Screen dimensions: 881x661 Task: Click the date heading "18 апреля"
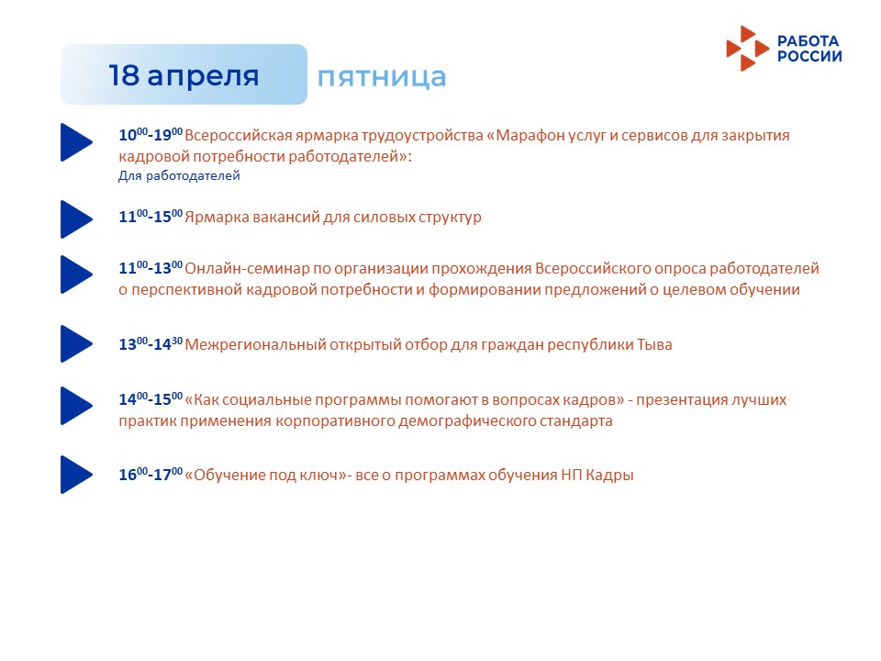(x=184, y=75)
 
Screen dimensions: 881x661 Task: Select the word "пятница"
(x=382, y=77)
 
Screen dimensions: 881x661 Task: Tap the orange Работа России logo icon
(x=747, y=49)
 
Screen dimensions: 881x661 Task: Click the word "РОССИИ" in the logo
(x=809, y=56)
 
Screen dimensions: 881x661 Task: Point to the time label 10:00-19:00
(x=151, y=135)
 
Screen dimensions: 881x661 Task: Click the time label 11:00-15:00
(x=151, y=217)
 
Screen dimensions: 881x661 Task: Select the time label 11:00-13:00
(x=151, y=267)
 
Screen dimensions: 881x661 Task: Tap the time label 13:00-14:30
(x=151, y=344)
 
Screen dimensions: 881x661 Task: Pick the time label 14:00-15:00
(x=151, y=399)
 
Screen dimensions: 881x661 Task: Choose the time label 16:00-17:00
(x=151, y=475)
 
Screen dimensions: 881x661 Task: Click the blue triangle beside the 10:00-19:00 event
(x=76, y=142)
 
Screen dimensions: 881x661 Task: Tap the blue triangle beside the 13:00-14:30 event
(x=76, y=343)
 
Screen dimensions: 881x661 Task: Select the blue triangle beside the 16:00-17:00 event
(x=76, y=475)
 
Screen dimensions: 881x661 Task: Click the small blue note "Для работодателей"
(x=179, y=176)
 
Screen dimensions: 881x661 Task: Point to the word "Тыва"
(x=654, y=344)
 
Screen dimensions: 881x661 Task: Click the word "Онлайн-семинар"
(x=247, y=268)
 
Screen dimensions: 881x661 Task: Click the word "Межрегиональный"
(x=256, y=344)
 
